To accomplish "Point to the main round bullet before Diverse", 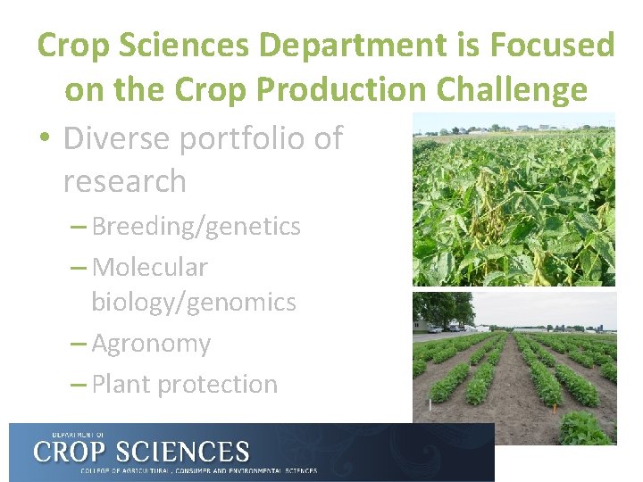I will coord(43,138).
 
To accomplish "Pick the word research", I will coord(124,181).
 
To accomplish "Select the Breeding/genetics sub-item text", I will coord(196,227).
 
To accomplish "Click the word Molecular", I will coord(149,267).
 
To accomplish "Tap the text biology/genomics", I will coord(193,303).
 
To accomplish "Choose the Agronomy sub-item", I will coord(151,344).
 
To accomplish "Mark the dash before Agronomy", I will coord(78,344).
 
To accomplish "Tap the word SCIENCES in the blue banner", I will coord(187,450).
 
